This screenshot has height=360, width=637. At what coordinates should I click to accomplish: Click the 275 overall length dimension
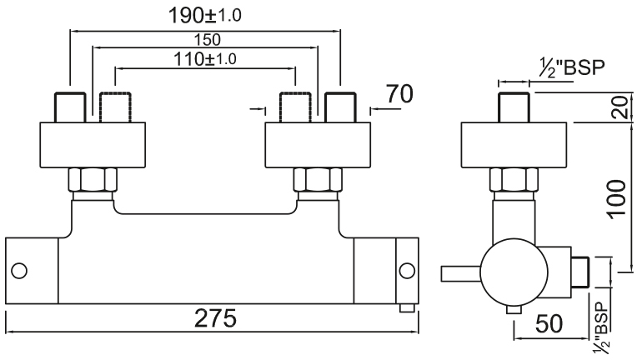[x=215, y=318]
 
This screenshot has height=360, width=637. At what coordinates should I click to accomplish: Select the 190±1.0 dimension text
[x=205, y=16]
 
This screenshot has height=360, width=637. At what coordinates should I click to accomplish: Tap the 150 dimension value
[x=207, y=40]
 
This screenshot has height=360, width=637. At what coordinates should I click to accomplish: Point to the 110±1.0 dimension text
[x=205, y=59]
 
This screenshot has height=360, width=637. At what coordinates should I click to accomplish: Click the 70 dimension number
[x=399, y=94]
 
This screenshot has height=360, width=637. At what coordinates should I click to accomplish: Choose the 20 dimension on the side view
[x=621, y=107]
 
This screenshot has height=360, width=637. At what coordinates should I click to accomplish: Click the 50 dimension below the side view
[x=549, y=324]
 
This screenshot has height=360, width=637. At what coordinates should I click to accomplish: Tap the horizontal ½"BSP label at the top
[x=572, y=67]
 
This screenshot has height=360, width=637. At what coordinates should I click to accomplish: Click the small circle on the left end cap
[x=19, y=271]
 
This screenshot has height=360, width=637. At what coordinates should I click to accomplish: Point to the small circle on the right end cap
[x=407, y=271]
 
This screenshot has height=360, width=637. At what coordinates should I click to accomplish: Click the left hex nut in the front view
[x=93, y=180]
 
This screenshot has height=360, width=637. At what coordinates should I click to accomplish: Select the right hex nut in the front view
[x=318, y=180]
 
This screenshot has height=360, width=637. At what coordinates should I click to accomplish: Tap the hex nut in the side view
[x=514, y=180]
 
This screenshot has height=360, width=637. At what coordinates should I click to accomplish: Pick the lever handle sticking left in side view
[x=461, y=273]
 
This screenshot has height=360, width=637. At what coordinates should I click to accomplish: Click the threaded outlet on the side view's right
[x=579, y=272]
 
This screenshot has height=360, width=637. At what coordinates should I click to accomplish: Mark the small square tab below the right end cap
[x=407, y=308]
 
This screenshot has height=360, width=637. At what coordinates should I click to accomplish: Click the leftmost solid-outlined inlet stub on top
[x=70, y=107]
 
